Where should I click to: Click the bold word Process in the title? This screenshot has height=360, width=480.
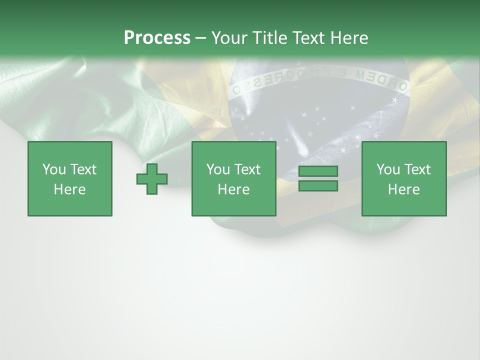[157, 38]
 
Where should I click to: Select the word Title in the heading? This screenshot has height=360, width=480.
[269, 38]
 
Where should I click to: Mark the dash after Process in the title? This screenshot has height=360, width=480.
[200, 38]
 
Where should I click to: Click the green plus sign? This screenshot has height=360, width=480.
[152, 178]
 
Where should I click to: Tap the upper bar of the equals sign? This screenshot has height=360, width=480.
[318, 171]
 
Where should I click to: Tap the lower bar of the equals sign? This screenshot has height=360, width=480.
[318, 186]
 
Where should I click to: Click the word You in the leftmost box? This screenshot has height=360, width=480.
[54, 169]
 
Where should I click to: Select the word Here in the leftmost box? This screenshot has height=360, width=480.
[70, 189]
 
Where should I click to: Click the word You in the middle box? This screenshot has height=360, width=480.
[218, 169]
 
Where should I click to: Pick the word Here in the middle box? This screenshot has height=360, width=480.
[233, 189]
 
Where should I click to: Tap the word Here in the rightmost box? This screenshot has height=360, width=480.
[404, 189]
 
